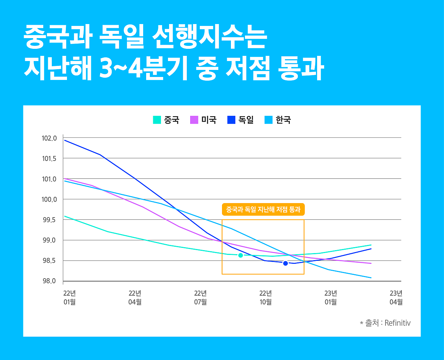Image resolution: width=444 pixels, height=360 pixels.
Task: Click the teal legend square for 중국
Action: point(157,120)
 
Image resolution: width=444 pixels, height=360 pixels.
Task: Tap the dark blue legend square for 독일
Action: point(231,120)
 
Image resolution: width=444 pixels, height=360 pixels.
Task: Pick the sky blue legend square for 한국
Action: point(269,120)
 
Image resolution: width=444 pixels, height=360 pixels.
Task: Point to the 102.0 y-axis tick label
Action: point(50,138)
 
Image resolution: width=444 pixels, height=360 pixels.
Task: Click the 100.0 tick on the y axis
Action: point(50,200)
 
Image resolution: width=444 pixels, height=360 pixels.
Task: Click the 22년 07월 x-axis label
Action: point(200,297)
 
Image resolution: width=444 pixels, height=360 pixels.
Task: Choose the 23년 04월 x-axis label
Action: point(396,297)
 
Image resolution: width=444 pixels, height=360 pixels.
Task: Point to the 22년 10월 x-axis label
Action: point(265,297)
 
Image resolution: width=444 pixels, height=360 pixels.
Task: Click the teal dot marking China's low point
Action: point(240,255)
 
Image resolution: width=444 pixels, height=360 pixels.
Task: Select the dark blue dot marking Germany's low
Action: point(285,263)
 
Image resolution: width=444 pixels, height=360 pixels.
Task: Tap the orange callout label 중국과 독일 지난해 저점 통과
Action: point(263,209)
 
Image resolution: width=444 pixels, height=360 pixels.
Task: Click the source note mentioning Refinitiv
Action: point(385,323)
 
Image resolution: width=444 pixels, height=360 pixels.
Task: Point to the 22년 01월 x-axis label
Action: point(70,297)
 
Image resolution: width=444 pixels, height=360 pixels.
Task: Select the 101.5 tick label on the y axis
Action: point(50,159)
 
